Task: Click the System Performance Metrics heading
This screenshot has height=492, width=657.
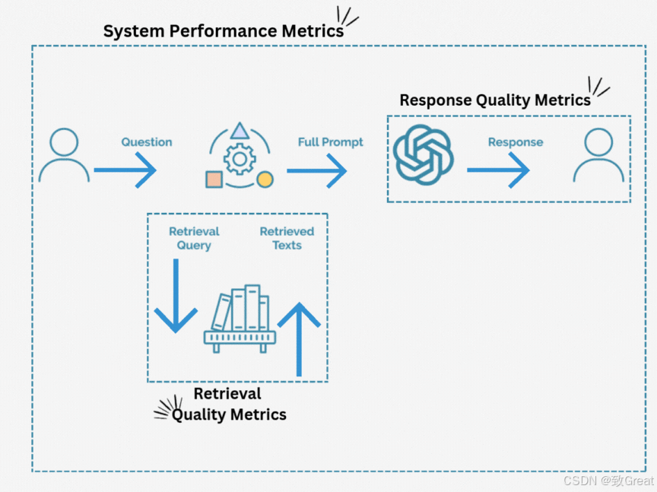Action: click(x=223, y=31)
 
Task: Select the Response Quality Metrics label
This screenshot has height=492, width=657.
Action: click(x=494, y=100)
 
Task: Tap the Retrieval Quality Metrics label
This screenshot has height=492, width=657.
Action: click(x=228, y=404)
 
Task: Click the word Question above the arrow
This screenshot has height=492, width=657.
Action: click(x=147, y=142)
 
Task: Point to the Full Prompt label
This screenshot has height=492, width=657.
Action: click(x=330, y=142)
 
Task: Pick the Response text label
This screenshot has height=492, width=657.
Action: click(x=516, y=142)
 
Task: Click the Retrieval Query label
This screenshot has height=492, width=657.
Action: click(x=194, y=238)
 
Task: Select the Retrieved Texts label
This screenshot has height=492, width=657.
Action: click(x=287, y=238)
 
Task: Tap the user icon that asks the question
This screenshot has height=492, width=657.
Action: click(x=64, y=156)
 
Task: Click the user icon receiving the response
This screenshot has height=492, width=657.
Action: click(x=599, y=156)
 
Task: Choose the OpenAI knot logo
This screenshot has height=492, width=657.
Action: click(x=424, y=155)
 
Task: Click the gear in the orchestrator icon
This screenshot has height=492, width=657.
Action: click(x=240, y=159)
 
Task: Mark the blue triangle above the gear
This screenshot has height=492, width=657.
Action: click(x=240, y=131)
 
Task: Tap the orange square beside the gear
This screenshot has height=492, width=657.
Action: click(x=214, y=179)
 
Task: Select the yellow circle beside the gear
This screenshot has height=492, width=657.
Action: click(x=265, y=179)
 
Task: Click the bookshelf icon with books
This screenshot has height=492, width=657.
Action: click(x=240, y=319)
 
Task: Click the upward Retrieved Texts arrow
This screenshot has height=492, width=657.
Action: click(x=299, y=338)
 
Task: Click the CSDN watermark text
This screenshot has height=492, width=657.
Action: click(x=608, y=481)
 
